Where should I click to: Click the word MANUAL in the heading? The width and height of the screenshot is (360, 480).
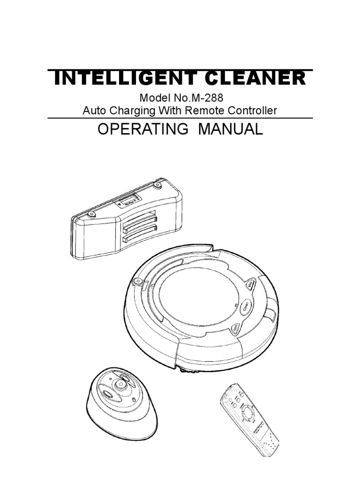pos(231,130)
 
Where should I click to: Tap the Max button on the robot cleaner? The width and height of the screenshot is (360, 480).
pos(251,285)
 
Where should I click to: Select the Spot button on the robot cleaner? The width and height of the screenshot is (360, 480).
pos(236,329)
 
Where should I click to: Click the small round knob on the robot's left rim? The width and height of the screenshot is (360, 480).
pos(137,281)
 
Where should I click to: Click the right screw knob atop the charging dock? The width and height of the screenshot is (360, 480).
pos(157,185)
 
